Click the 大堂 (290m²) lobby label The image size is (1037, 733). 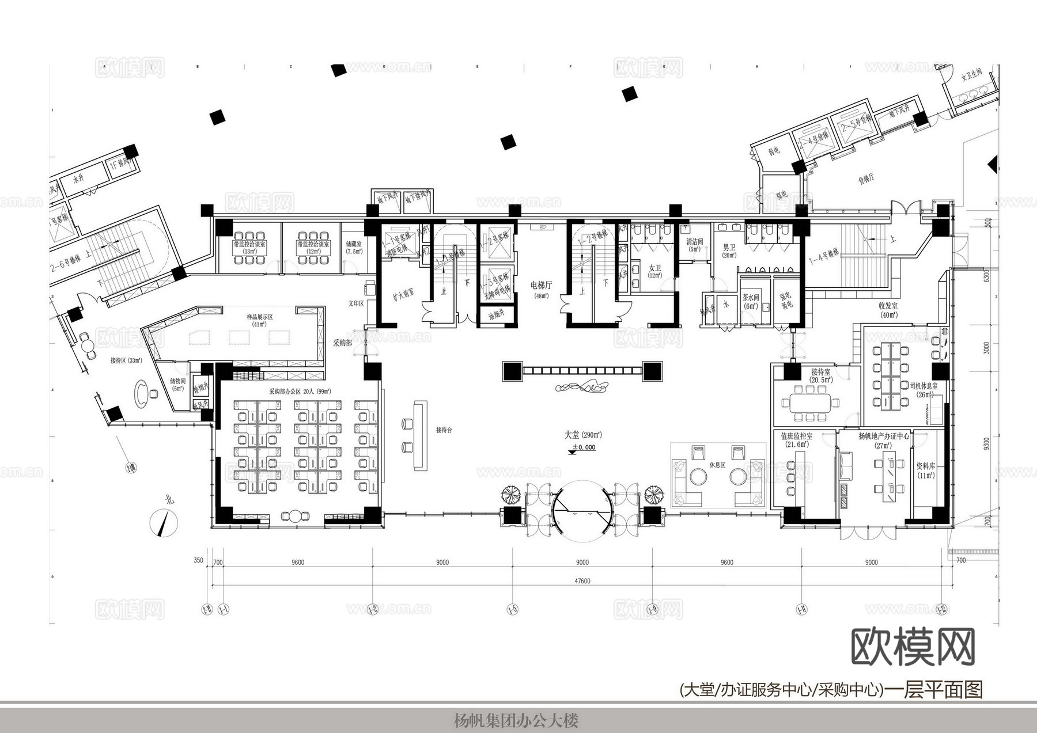[583, 435]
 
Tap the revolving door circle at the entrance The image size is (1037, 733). [582, 510]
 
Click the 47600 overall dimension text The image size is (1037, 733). [582, 581]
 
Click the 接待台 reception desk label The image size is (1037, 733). [444, 430]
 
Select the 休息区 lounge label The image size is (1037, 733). [717, 465]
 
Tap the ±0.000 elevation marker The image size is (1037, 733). [583, 447]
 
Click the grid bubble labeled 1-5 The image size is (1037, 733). [512, 609]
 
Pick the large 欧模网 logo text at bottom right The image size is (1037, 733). [913, 647]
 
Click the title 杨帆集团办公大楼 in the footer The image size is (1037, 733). [516, 720]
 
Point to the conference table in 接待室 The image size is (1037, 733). [809, 402]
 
